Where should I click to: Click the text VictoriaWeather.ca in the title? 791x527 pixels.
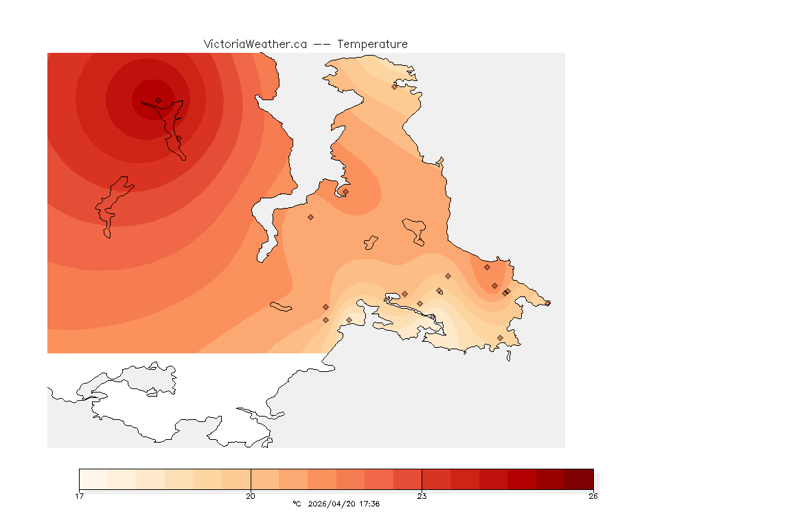click(x=255, y=44)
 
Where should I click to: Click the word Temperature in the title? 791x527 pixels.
click(x=372, y=44)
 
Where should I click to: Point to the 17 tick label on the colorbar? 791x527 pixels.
click(x=80, y=496)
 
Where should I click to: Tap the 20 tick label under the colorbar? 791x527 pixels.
click(x=251, y=496)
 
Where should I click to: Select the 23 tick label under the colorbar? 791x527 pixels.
click(x=422, y=496)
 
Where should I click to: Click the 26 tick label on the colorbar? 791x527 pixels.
click(x=593, y=496)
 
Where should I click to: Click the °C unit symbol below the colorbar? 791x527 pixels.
click(x=297, y=504)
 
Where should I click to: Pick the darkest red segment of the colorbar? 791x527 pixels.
click(x=579, y=479)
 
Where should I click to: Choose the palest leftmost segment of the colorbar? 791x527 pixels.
click(x=93, y=479)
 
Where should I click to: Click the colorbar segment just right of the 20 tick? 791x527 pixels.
click(x=264, y=479)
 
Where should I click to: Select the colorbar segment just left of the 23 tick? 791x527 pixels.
click(x=407, y=479)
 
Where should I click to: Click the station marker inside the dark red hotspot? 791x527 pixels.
click(x=159, y=100)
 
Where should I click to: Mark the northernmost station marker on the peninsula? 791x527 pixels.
click(x=394, y=86)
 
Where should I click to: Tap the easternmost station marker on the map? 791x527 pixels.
click(x=547, y=303)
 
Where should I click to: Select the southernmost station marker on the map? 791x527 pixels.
click(x=500, y=338)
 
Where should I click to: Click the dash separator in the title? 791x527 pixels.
click(x=322, y=44)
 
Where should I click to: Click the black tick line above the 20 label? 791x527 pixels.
click(x=251, y=479)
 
